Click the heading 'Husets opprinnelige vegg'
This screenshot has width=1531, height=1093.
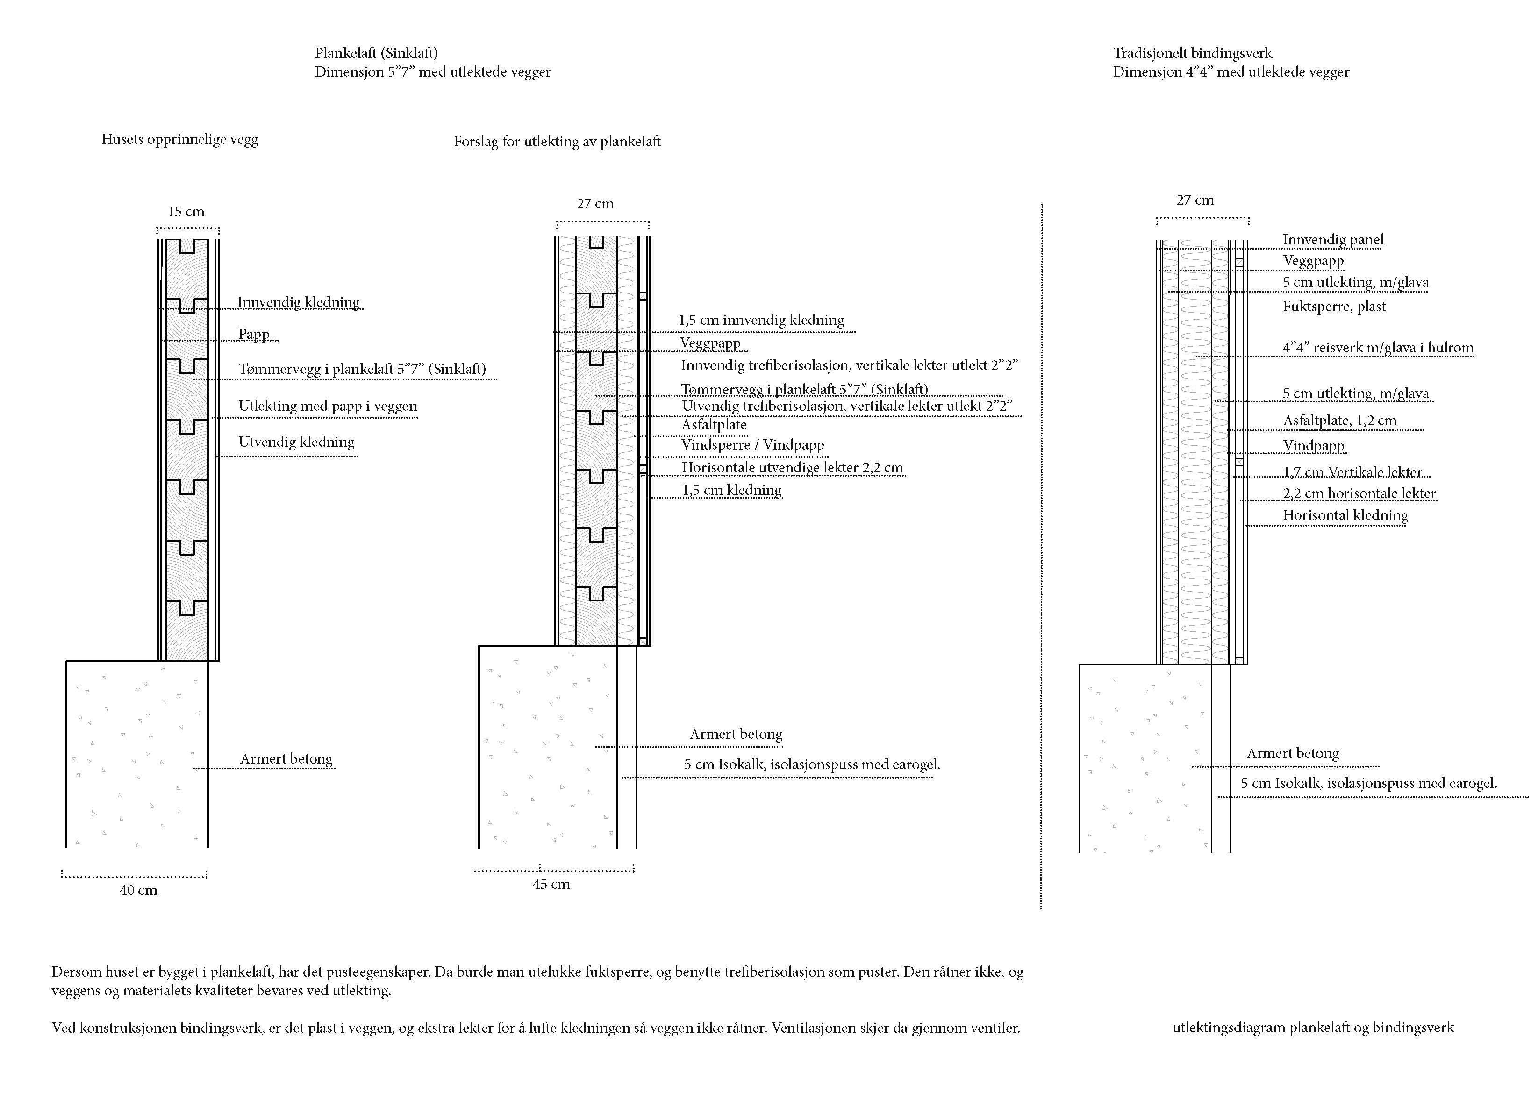pyautogui.click(x=179, y=139)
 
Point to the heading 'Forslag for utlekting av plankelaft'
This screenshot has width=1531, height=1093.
pyautogui.click(x=557, y=141)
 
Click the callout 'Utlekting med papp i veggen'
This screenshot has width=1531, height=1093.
pyautogui.click(x=328, y=406)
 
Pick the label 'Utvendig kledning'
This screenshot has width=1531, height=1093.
pyautogui.click(x=296, y=442)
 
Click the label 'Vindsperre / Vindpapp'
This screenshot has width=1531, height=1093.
pyautogui.click(x=752, y=445)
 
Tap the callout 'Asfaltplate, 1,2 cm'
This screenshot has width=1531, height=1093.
pyautogui.click(x=1340, y=421)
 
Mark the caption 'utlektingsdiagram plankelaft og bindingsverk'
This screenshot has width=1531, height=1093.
pyautogui.click(x=1313, y=1028)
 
